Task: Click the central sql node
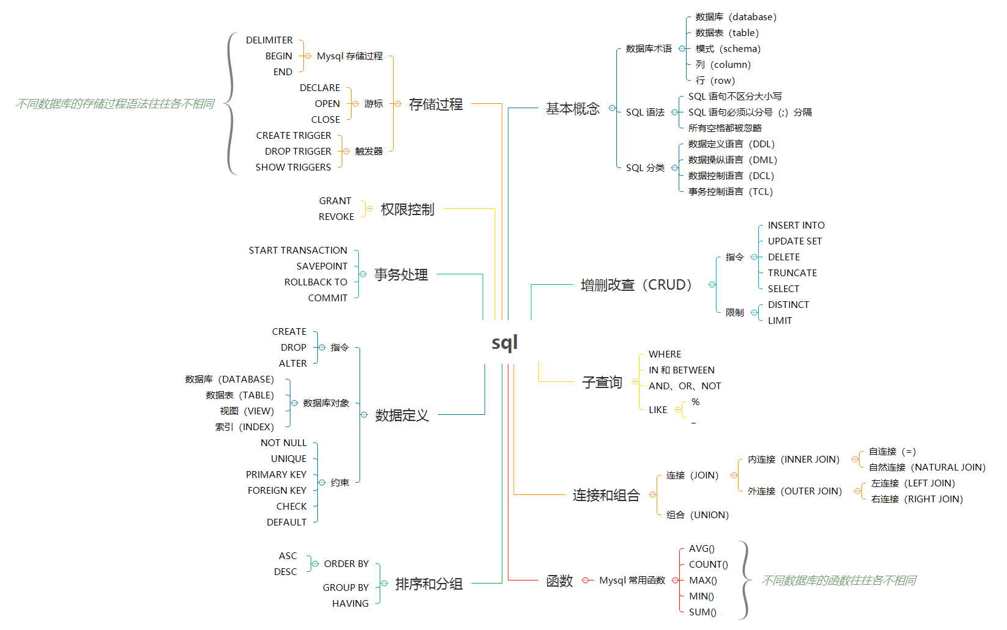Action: [x=504, y=343]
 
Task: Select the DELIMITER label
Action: [x=269, y=40]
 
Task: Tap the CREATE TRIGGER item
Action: [x=293, y=136]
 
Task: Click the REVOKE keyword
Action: [x=336, y=217]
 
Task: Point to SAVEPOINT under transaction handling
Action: [x=322, y=266]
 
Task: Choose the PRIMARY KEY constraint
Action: [x=276, y=475]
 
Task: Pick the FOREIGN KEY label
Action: [x=276, y=491]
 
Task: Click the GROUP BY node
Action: [x=345, y=588]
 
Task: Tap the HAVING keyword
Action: [x=350, y=604]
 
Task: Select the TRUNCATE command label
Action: [x=792, y=273]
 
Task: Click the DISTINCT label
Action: [x=788, y=305]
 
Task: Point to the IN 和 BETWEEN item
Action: [x=681, y=370]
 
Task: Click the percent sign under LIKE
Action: [x=695, y=402]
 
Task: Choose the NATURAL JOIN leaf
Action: [x=927, y=467]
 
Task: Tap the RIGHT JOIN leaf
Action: [x=917, y=499]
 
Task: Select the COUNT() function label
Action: [x=708, y=565]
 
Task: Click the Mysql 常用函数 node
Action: [x=632, y=581]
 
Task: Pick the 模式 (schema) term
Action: [x=728, y=49]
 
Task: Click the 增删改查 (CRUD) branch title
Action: [x=636, y=285]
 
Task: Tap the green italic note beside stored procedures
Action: [x=115, y=104]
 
